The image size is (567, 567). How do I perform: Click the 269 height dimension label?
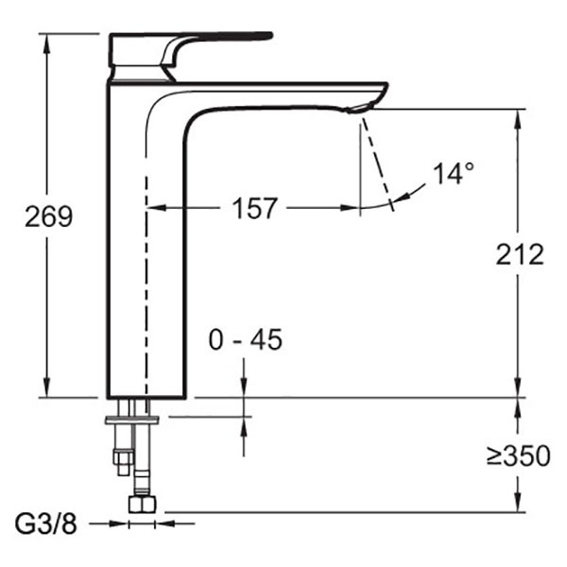(x=49, y=216)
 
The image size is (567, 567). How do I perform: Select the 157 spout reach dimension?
(x=254, y=208)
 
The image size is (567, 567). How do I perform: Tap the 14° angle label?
(x=454, y=174)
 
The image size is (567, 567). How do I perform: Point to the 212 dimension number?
(x=520, y=254)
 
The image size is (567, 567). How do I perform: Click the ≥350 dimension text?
(x=518, y=455)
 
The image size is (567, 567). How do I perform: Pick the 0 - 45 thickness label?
(x=246, y=339)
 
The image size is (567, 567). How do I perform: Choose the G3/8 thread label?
(x=46, y=524)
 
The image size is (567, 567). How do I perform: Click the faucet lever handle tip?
(x=268, y=35)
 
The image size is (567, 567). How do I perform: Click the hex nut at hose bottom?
(x=142, y=504)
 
